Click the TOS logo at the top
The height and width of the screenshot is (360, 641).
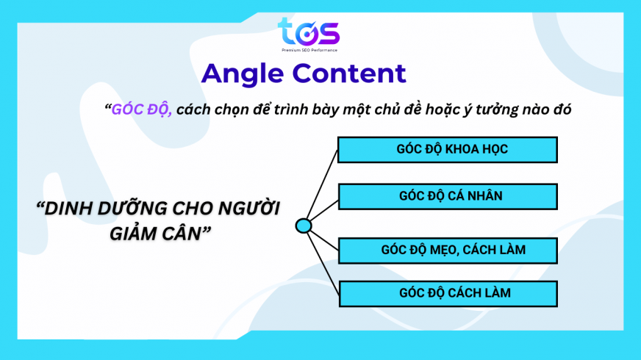click(x=308, y=32)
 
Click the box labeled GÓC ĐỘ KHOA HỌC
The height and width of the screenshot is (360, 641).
click(x=448, y=149)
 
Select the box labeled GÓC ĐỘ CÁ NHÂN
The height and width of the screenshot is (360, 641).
click(x=448, y=195)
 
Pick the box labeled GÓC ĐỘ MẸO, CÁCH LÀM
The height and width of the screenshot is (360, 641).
click(x=448, y=250)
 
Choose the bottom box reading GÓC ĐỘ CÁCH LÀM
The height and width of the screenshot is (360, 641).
click(x=448, y=293)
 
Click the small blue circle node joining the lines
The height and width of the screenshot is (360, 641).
click(x=304, y=226)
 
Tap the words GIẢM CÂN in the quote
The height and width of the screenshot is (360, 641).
click(x=155, y=233)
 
